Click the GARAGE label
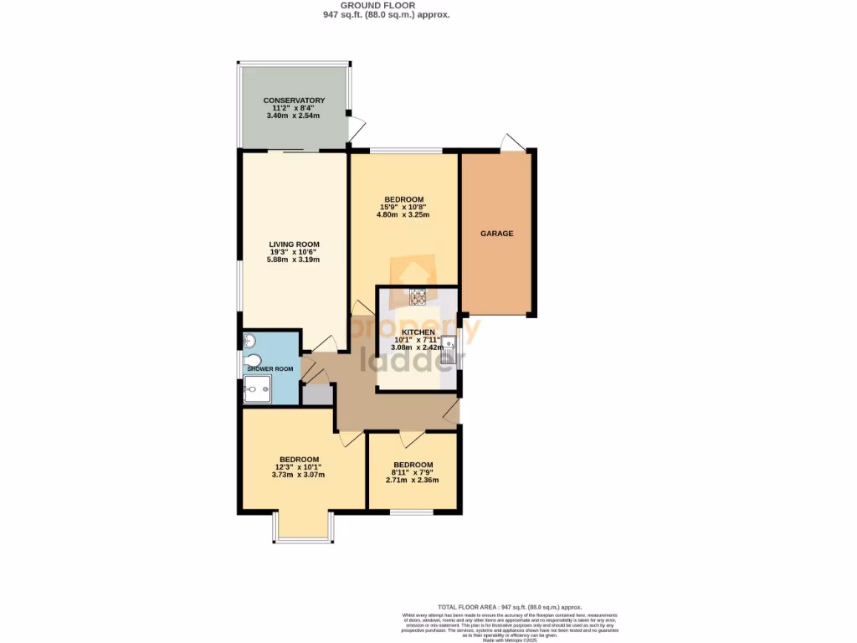click(496, 234)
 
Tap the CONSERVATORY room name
click(294, 100)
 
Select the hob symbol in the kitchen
click(418, 295)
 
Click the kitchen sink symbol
click(450, 347)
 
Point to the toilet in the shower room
click(253, 361)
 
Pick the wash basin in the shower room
click(249, 341)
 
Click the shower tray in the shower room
click(257, 388)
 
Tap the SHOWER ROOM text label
click(269, 369)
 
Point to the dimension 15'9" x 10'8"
click(403, 207)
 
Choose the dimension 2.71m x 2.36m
click(413, 481)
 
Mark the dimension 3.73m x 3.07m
click(298, 475)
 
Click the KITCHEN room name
click(417, 332)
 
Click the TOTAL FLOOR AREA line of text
click(510, 607)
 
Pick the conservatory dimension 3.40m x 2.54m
click(294, 116)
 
